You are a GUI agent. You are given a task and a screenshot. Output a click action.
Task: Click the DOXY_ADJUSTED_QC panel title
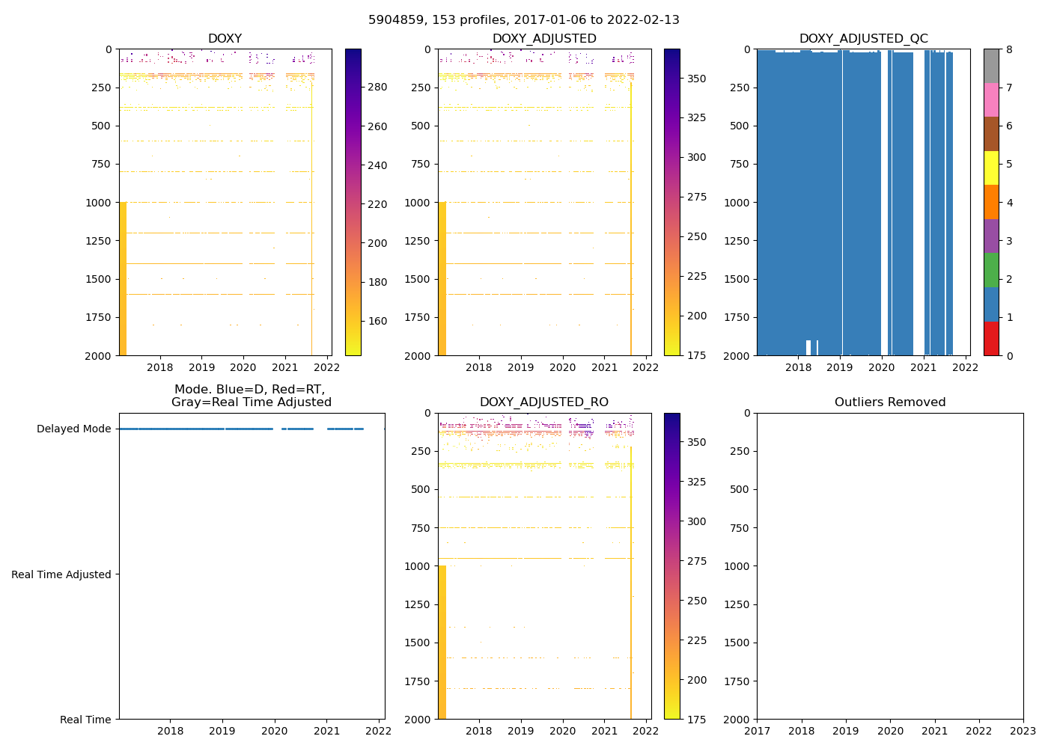tap(863, 39)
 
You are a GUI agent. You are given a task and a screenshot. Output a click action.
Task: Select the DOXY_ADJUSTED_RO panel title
tap(544, 402)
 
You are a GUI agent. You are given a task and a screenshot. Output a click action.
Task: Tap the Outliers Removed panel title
tap(890, 402)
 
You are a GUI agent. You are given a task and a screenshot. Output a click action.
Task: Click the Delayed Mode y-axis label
tap(73, 429)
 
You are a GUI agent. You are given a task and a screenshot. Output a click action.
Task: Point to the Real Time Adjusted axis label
tap(61, 574)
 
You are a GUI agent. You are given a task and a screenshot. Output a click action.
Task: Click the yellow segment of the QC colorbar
tap(991, 168)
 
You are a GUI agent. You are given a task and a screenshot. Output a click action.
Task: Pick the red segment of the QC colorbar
tap(991, 338)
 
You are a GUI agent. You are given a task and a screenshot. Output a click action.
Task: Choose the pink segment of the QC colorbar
tap(991, 99)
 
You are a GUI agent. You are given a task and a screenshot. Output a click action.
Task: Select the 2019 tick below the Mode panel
tap(222, 731)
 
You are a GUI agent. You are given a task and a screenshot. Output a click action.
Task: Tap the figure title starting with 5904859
tap(523, 20)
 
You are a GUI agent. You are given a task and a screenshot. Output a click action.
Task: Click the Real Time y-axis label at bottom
tap(85, 720)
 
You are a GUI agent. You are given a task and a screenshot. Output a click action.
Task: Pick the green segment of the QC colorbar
tap(991, 270)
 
